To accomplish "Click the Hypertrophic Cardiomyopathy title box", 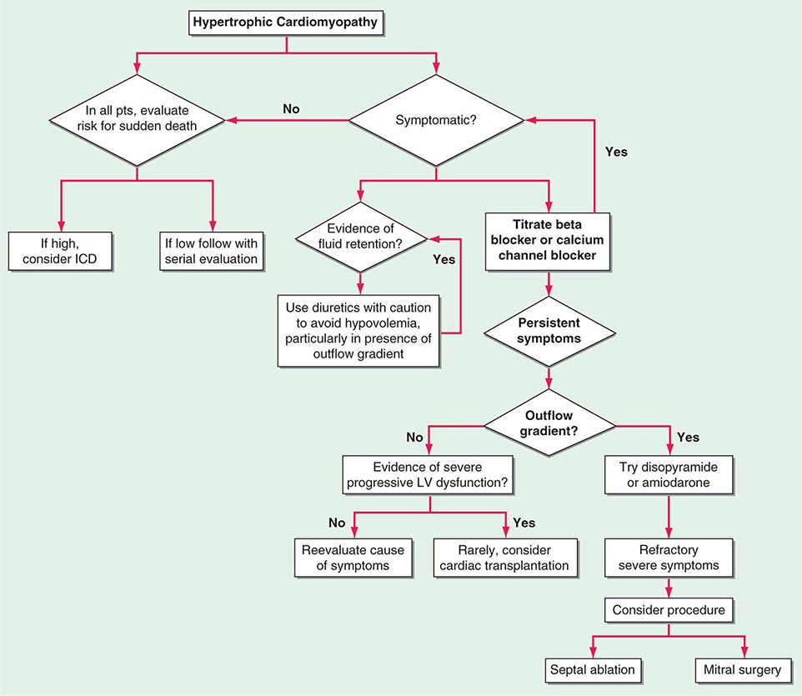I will tap(286, 23).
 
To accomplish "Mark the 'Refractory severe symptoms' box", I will tap(669, 558).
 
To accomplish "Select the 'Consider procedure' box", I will tap(669, 610).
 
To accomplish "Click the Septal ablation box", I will tap(592, 668).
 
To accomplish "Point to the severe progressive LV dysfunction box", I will tap(429, 474).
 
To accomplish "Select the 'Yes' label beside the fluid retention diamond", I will tap(444, 259).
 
